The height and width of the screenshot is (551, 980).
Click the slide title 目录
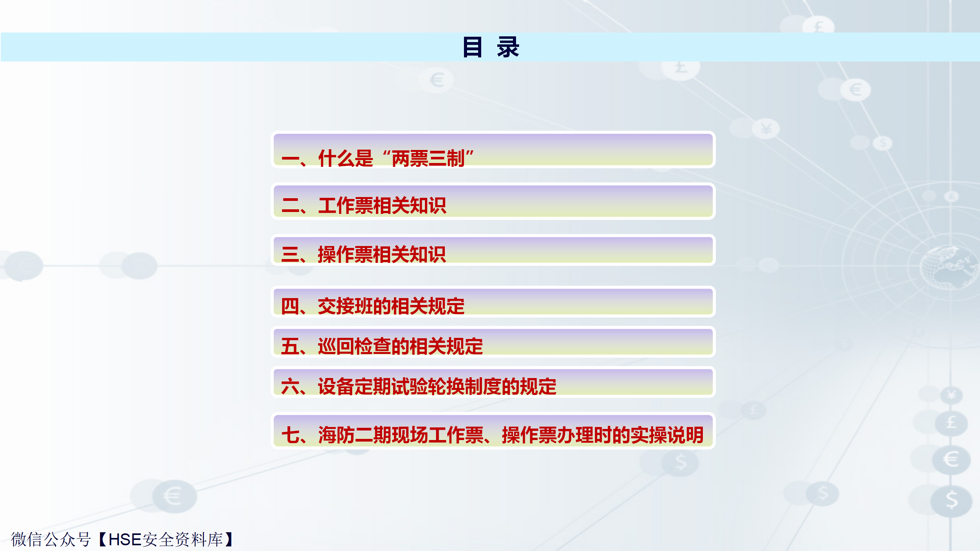tap(491, 47)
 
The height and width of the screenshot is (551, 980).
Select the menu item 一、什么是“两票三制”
tap(377, 158)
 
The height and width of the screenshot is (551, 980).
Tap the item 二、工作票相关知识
tap(364, 205)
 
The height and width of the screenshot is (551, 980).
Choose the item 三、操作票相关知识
tap(364, 254)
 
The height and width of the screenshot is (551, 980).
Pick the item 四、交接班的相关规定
tap(373, 306)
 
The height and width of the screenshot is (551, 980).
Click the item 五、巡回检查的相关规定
tap(382, 346)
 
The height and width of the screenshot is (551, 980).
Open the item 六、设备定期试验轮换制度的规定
tap(419, 386)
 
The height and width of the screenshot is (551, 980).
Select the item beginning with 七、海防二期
tap(493, 435)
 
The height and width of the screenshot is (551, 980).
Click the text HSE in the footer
tap(125, 540)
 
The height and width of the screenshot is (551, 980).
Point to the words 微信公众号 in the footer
tap(51, 540)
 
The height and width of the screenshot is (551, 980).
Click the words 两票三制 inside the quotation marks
tap(428, 158)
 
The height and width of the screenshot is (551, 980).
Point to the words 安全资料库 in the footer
tap(183, 540)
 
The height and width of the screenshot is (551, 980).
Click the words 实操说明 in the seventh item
tap(667, 435)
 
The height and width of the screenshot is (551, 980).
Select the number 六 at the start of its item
tap(290, 386)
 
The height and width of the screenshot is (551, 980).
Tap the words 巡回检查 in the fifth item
tap(354, 346)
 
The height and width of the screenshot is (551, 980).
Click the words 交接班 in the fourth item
tap(345, 306)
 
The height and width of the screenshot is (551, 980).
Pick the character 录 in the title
tap(508, 47)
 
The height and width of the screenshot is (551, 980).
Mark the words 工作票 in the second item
tap(345, 205)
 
